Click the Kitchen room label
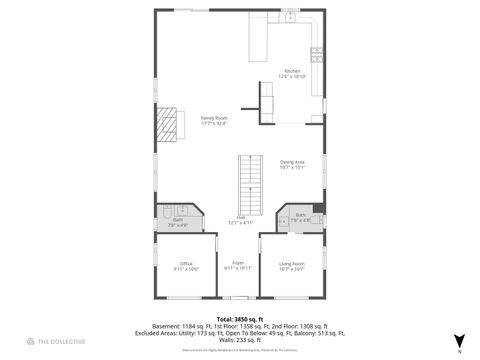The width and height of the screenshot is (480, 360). click(293, 73)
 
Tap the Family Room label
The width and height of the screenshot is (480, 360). click(213, 121)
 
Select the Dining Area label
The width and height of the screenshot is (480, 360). click(292, 164)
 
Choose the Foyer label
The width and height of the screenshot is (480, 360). click(238, 265)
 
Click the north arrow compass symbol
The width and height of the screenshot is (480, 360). click(459, 341)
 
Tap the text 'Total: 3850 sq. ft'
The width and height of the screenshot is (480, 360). click(239, 319)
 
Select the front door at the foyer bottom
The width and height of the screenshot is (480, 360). click(239, 298)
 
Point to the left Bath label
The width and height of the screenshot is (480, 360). click(178, 221)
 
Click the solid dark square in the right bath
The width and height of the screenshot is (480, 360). click(317, 210)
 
